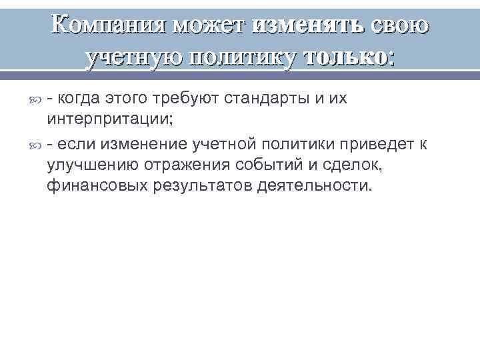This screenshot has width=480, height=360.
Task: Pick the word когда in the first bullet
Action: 81,99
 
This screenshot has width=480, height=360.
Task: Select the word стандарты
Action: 265,99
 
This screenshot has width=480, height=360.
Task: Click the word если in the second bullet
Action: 77,145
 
